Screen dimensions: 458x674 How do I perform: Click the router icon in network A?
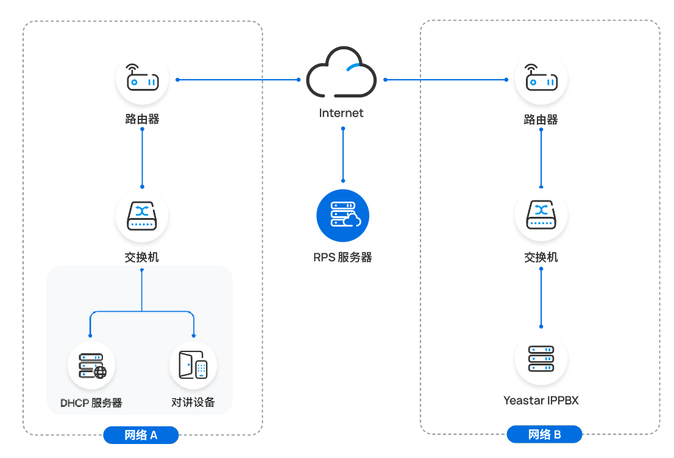coord(142,79)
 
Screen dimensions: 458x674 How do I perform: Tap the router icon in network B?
coord(541,79)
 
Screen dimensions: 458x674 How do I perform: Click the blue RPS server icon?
coord(343,215)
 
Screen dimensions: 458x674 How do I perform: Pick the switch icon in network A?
coord(142,217)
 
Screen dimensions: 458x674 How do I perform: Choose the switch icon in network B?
coord(541,217)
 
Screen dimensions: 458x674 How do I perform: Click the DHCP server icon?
coord(91,365)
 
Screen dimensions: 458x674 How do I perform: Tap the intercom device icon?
coord(193,365)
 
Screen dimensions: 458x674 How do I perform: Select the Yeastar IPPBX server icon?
coord(541,359)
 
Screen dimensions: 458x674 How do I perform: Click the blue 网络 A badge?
coord(141,435)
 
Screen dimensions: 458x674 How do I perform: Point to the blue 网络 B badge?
coord(544,435)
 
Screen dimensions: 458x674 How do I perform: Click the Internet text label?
coord(341,113)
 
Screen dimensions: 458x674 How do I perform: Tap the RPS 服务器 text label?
coord(342,258)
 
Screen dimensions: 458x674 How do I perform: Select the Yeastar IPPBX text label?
coord(541,401)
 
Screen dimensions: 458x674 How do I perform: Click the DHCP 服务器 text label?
coord(91,403)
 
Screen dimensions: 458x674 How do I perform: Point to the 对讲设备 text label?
coord(193,403)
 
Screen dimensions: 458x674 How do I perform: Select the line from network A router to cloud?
coord(238,79)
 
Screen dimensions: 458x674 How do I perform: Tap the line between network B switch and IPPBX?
coord(541,298)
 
